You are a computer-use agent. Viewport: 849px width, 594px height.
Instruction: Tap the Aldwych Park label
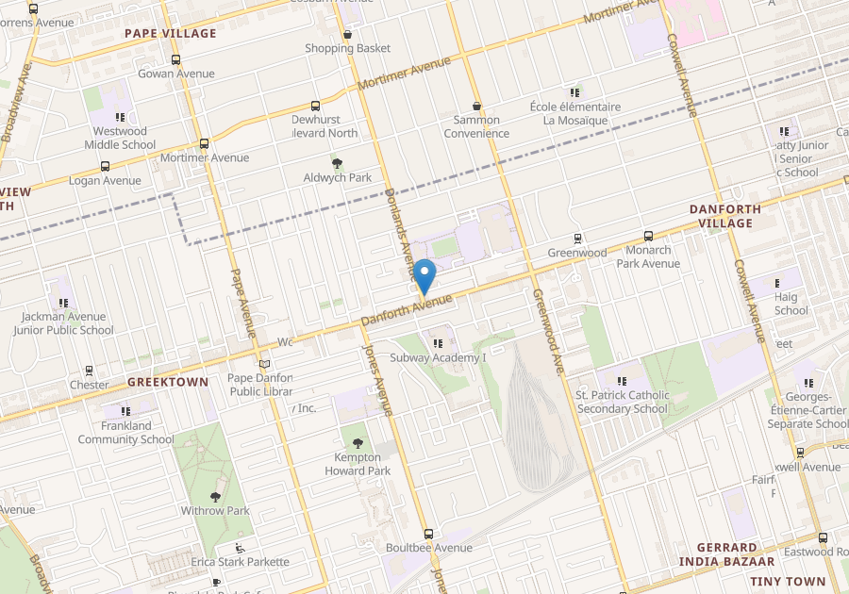pos(337,177)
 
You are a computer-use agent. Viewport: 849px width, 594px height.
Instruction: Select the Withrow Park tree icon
pos(215,496)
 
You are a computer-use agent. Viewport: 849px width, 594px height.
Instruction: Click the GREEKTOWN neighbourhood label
pos(167,383)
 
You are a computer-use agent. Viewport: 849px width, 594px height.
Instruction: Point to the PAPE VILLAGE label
pos(171,33)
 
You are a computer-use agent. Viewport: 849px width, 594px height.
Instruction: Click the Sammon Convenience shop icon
pos(476,107)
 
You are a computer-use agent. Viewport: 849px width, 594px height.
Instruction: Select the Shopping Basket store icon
pos(347,35)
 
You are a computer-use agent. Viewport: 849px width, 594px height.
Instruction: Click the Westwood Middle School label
pos(120,138)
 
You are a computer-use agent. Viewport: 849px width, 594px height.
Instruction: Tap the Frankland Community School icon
pos(125,411)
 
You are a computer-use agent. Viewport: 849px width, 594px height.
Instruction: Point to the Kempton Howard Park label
pos(358,464)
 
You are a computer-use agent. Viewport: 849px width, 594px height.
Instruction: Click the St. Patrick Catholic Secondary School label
pos(623,402)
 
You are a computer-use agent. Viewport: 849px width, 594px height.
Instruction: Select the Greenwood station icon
pos(577,239)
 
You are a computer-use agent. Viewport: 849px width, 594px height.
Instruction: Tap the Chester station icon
pos(89,371)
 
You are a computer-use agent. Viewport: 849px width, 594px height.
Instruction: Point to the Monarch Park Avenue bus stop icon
pos(648,237)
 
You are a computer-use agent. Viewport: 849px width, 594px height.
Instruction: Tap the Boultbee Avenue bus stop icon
pos(429,534)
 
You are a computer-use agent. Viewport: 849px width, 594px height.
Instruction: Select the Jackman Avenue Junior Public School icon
pos(63,303)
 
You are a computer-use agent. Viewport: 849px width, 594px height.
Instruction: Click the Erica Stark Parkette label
pos(240,562)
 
